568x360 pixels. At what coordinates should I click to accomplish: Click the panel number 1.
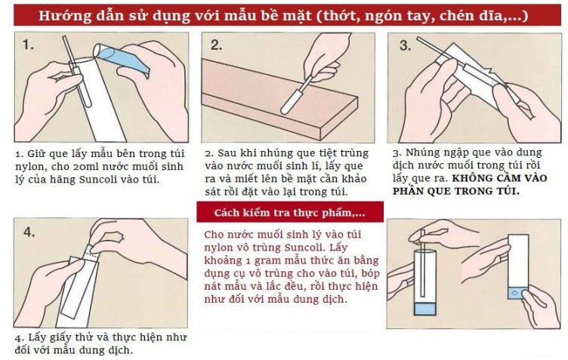click(28, 45)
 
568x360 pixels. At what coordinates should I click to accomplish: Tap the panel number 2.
click(216, 45)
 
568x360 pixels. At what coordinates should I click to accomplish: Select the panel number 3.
click(405, 45)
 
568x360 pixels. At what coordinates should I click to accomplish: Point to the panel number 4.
click(29, 232)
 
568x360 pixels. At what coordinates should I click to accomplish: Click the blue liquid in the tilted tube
click(122, 60)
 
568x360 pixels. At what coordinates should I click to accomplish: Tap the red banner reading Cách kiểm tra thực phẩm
click(290, 212)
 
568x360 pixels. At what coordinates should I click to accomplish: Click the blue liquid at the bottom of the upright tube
click(424, 309)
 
